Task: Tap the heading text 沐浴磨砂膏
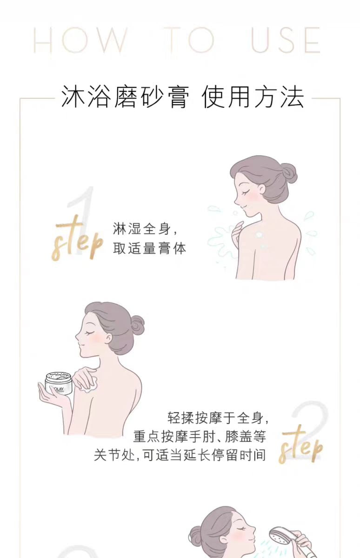pos(125,98)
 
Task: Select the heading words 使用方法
pos(253,98)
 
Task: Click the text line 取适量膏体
pos(149,249)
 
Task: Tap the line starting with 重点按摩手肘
pos(200,436)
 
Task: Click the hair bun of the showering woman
pos(196,537)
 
